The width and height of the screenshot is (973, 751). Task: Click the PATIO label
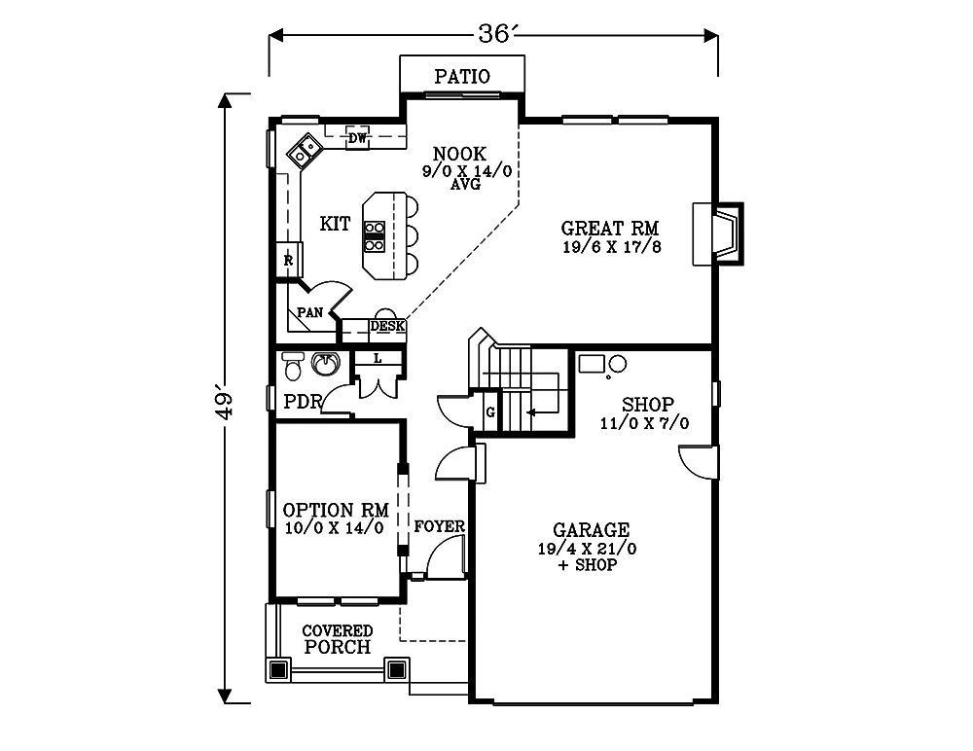click(x=462, y=76)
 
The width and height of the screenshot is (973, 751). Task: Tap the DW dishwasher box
click(x=357, y=138)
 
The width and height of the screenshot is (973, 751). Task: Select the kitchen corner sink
click(x=304, y=151)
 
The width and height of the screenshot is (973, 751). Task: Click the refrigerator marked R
click(x=289, y=260)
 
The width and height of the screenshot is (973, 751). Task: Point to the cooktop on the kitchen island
click(x=375, y=236)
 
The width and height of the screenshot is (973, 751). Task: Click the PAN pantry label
click(x=309, y=312)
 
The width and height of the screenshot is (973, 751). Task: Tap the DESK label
click(x=388, y=326)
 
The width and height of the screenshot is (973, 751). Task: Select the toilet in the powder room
click(x=293, y=366)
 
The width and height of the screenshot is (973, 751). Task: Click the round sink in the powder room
click(x=326, y=364)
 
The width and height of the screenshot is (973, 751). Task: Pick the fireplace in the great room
click(x=718, y=234)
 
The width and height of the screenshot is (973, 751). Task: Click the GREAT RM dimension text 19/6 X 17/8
click(x=612, y=247)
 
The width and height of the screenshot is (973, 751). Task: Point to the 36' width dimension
click(x=494, y=34)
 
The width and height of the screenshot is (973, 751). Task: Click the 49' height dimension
click(x=225, y=406)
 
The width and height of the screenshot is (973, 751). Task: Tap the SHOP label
click(x=648, y=405)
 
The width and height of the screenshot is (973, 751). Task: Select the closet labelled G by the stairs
click(x=490, y=411)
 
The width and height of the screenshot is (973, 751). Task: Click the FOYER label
click(x=440, y=526)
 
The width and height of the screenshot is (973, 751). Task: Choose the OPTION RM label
click(x=336, y=510)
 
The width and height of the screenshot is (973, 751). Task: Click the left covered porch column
click(x=278, y=669)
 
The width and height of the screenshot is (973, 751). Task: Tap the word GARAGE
click(x=592, y=530)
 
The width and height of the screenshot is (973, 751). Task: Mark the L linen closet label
click(x=378, y=358)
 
